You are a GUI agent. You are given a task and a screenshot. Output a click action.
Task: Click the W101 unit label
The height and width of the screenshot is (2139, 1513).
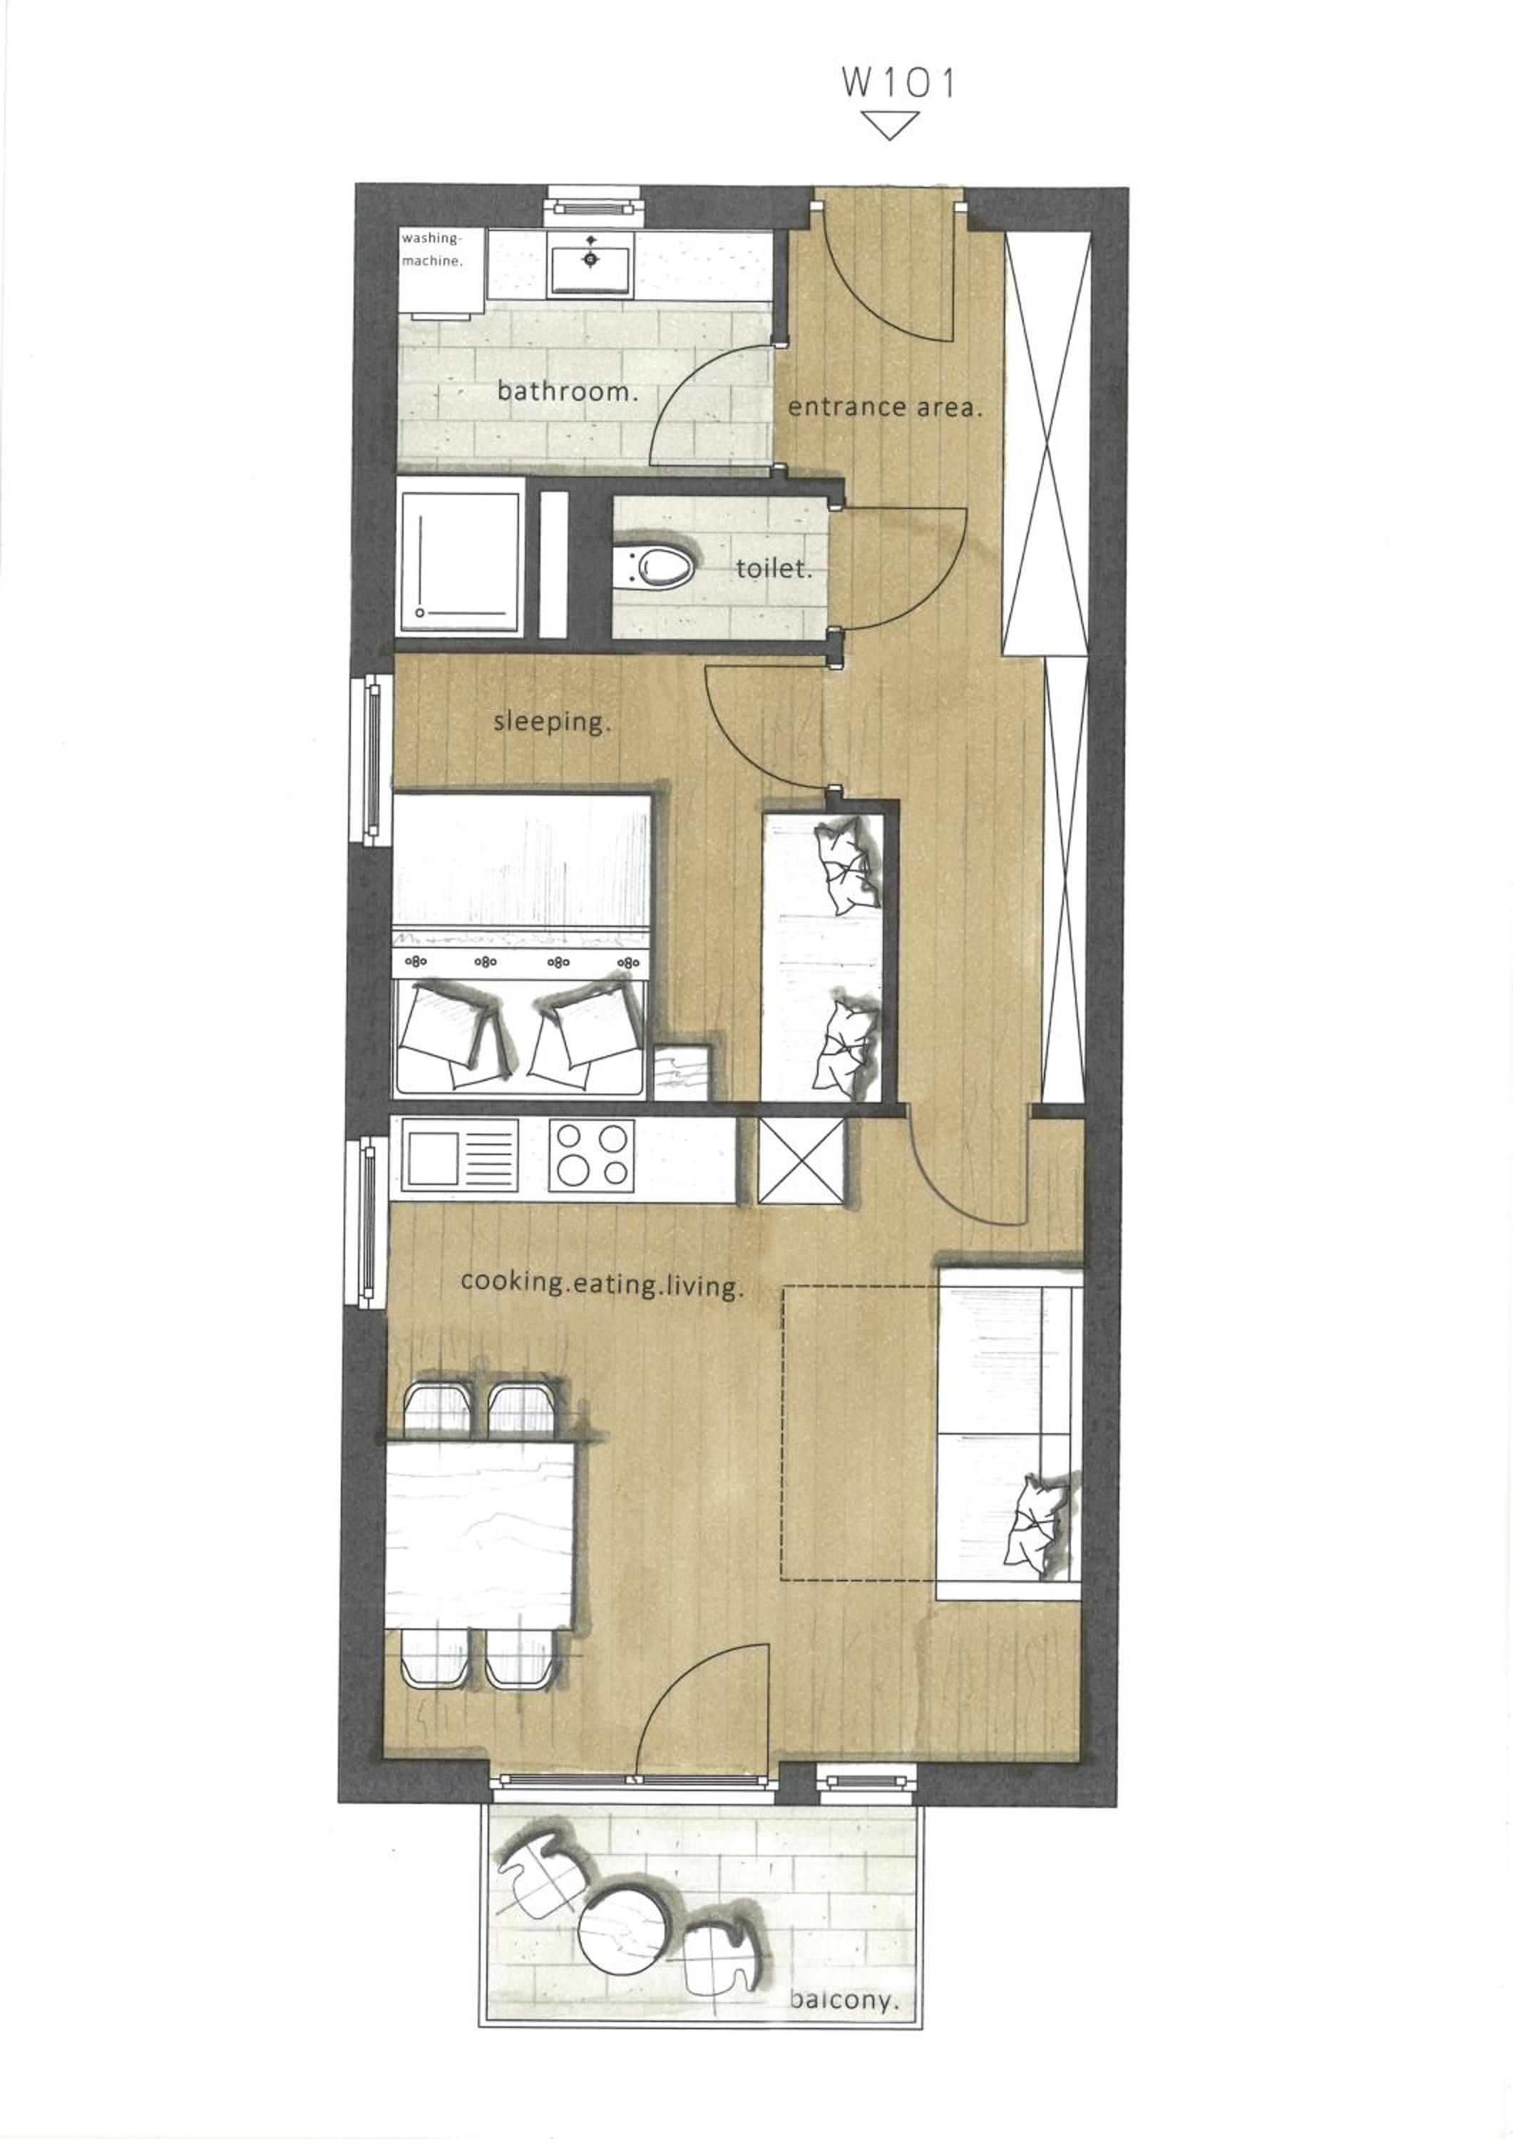(898, 83)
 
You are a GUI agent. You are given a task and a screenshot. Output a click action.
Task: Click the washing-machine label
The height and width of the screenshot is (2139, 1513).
(432, 250)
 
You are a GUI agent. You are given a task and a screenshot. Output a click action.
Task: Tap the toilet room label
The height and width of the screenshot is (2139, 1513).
(774, 568)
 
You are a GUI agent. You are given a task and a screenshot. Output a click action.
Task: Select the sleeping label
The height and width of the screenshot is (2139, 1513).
(553, 722)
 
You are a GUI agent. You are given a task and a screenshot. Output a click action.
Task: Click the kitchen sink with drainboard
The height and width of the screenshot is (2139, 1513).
(458, 1156)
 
